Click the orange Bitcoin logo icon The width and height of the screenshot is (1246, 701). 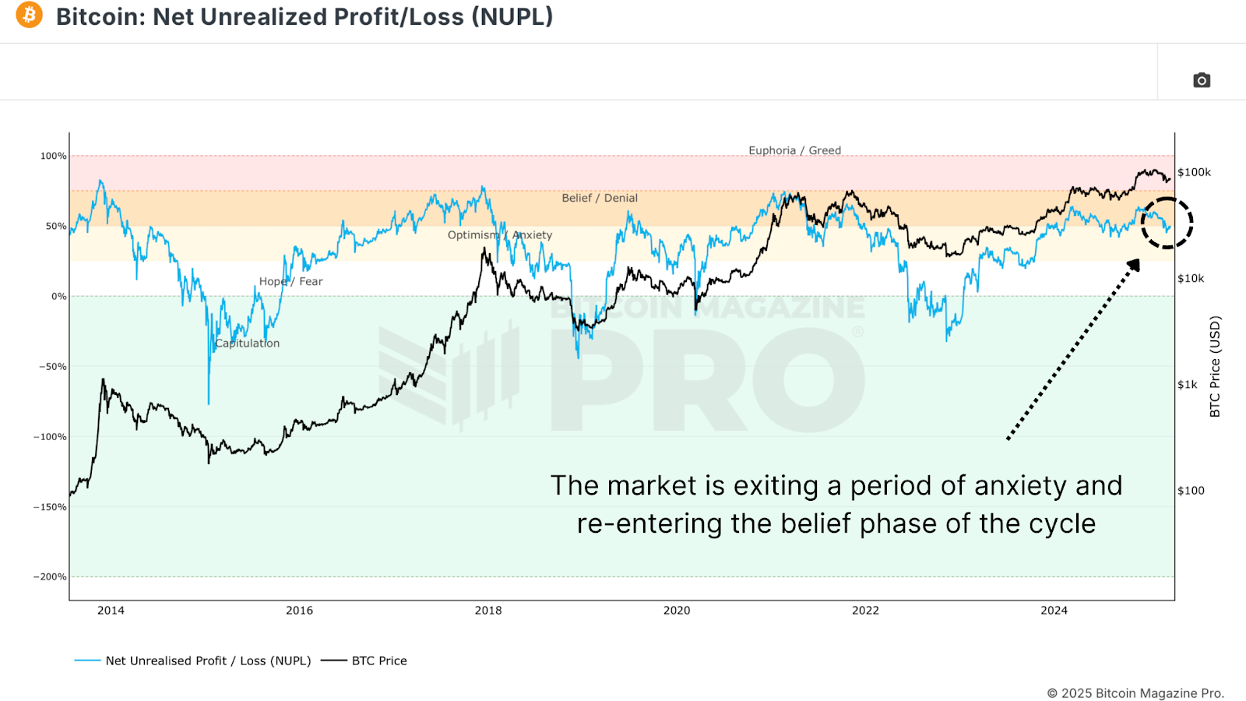coord(30,15)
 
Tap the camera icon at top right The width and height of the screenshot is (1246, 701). coord(1202,80)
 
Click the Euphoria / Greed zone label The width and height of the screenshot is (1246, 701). coord(794,150)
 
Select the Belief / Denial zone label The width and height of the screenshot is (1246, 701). coord(600,198)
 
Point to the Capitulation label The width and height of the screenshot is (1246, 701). coord(247,343)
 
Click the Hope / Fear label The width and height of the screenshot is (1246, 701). coord(290,281)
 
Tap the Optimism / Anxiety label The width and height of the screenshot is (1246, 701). coord(499,234)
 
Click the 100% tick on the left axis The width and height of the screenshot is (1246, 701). coord(54,156)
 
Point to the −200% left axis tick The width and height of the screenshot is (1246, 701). coord(50,576)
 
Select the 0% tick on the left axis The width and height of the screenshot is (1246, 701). coord(59,296)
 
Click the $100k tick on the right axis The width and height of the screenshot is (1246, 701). coord(1194,172)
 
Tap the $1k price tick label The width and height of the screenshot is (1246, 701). coord(1188,384)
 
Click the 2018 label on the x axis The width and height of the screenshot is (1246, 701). coord(488,610)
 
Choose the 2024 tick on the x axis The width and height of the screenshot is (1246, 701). coord(1054,610)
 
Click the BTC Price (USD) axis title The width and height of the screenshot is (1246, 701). coord(1215,366)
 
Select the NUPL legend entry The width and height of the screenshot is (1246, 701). coord(207,660)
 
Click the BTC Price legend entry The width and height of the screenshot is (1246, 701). coord(378,660)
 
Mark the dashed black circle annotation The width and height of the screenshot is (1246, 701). coord(1167,224)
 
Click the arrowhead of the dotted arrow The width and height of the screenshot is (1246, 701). coord(1134,266)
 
